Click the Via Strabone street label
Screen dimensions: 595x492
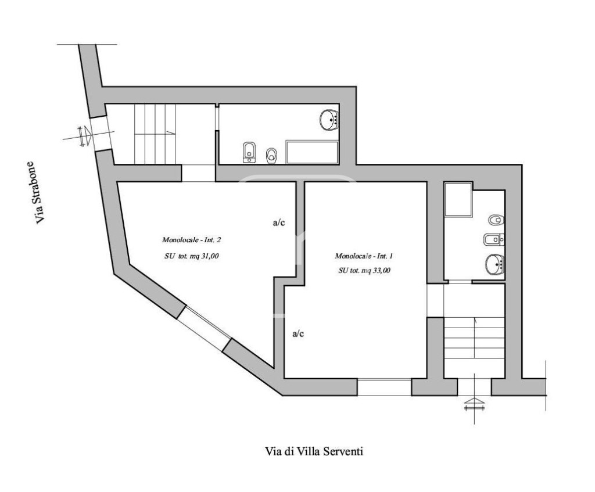[x=39, y=193]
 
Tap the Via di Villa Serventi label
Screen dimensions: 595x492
[x=313, y=451]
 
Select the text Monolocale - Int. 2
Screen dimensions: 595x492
[x=192, y=240]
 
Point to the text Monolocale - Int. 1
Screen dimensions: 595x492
[x=364, y=256]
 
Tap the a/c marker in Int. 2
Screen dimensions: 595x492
[x=279, y=222]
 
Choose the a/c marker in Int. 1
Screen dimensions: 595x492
[x=298, y=334]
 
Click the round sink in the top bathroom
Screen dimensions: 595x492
[x=329, y=120]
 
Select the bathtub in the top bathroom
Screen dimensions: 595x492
[x=312, y=153]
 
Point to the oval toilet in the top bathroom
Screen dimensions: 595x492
[x=271, y=155]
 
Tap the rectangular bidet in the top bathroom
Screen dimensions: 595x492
[x=249, y=153]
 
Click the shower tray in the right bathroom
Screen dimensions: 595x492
[x=458, y=200]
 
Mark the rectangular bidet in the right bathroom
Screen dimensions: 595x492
[x=493, y=239]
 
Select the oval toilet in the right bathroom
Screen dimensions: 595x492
[x=496, y=220]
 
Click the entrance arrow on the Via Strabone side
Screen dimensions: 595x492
[x=85, y=136]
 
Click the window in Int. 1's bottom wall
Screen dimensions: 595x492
[x=385, y=387]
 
